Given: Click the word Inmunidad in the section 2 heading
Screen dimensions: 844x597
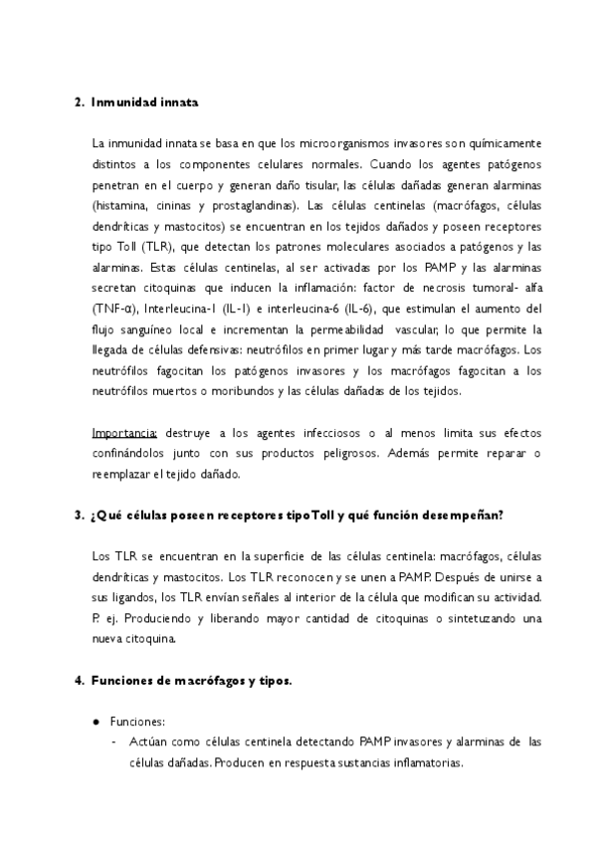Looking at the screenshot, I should click(x=126, y=102).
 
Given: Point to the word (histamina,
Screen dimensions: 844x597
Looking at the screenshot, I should click(x=123, y=206).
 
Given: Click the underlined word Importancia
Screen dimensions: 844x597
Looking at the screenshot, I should click(x=124, y=434).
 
